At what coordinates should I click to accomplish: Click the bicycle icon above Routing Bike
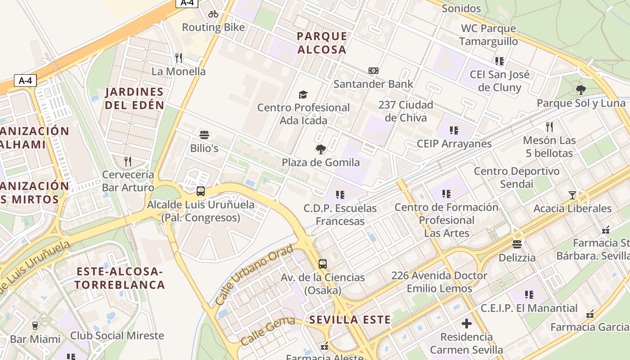(213, 14)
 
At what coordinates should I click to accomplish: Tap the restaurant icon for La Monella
(179, 58)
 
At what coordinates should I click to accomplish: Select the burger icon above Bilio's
(204, 135)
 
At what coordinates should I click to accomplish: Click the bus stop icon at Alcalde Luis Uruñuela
(201, 191)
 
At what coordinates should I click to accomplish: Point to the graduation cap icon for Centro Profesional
(303, 94)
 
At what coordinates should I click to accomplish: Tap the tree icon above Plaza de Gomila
(321, 149)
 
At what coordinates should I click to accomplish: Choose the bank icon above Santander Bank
(373, 71)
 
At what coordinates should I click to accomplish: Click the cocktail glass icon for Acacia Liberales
(572, 195)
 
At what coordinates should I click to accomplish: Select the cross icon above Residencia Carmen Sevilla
(467, 324)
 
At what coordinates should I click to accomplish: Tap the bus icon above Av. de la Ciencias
(323, 264)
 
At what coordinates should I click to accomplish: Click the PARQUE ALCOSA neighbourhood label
(322, 43)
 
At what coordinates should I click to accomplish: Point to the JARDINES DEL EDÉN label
(135, 99)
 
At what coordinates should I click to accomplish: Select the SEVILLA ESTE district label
(350, 320)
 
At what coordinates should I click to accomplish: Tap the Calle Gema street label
(267, 331)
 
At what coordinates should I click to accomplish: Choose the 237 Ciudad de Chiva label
(405, 111)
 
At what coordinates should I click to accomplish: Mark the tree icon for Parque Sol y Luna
(581, 90)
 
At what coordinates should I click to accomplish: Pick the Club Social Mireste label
(117, 335)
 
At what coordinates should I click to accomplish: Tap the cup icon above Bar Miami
(35, 325)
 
